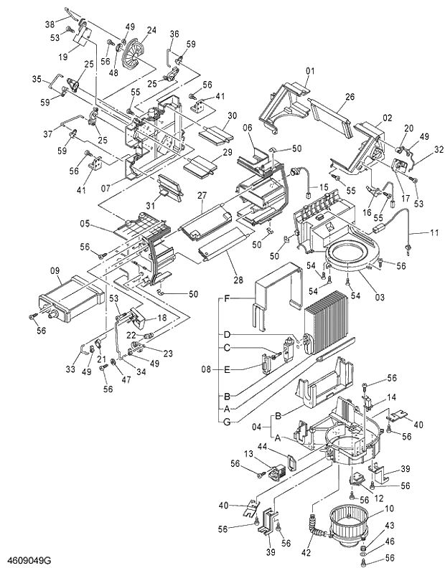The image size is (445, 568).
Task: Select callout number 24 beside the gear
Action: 151,30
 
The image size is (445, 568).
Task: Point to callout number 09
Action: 54,271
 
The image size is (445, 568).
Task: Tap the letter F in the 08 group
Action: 227,298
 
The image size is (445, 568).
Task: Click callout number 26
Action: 350,98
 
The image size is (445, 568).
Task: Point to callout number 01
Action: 311,71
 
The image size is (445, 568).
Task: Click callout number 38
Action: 50,24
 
